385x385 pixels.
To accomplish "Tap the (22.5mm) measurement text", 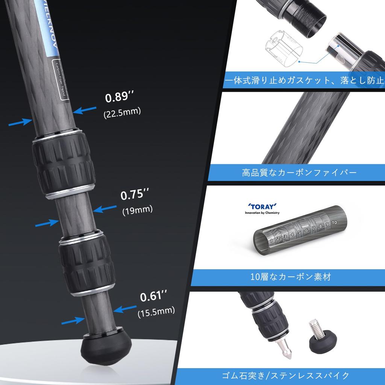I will click(x=122, y=112).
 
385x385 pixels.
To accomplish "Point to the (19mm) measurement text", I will click(x=137, y=210).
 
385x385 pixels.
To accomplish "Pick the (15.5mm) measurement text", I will click(x=156, y=311).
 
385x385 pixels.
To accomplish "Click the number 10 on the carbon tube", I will click(x=334, y=223).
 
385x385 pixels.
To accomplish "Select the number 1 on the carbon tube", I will click(x=271, y=239).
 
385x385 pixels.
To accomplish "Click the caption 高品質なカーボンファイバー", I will click(x=299, y=173).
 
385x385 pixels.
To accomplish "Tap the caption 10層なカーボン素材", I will click(x=291, y=277).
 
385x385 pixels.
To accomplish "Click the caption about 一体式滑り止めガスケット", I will click(x=304, y=80).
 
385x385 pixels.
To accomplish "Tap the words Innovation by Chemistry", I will click(x=262, y=213).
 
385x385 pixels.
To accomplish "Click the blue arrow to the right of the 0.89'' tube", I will click(x=85, y=109).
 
